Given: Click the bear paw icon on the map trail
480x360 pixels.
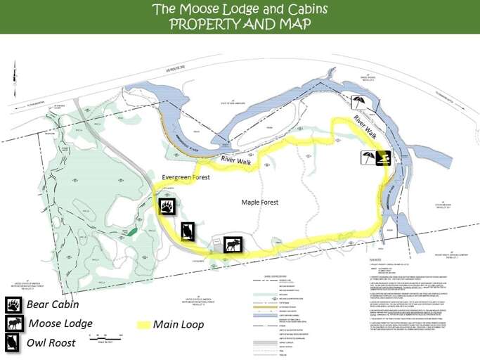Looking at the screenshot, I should click(167, 207).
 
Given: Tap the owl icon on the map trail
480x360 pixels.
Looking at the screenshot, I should click(188, 231).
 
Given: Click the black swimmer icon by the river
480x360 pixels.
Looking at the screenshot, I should click(382, 157).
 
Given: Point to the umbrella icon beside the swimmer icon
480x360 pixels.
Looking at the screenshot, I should click(368, 157).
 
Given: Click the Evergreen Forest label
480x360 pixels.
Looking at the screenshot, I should click(187, 178).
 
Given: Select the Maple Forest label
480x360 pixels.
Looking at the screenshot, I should click(260, 202).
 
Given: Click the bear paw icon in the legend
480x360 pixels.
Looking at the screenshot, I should click(14, 305).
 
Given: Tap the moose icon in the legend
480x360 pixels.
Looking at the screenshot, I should click(14, 323).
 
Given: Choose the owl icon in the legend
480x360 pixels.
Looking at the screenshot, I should click(14, 342).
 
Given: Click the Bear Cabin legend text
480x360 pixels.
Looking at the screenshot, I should click(53, 305).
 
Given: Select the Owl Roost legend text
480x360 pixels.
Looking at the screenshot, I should click(53, 343).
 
